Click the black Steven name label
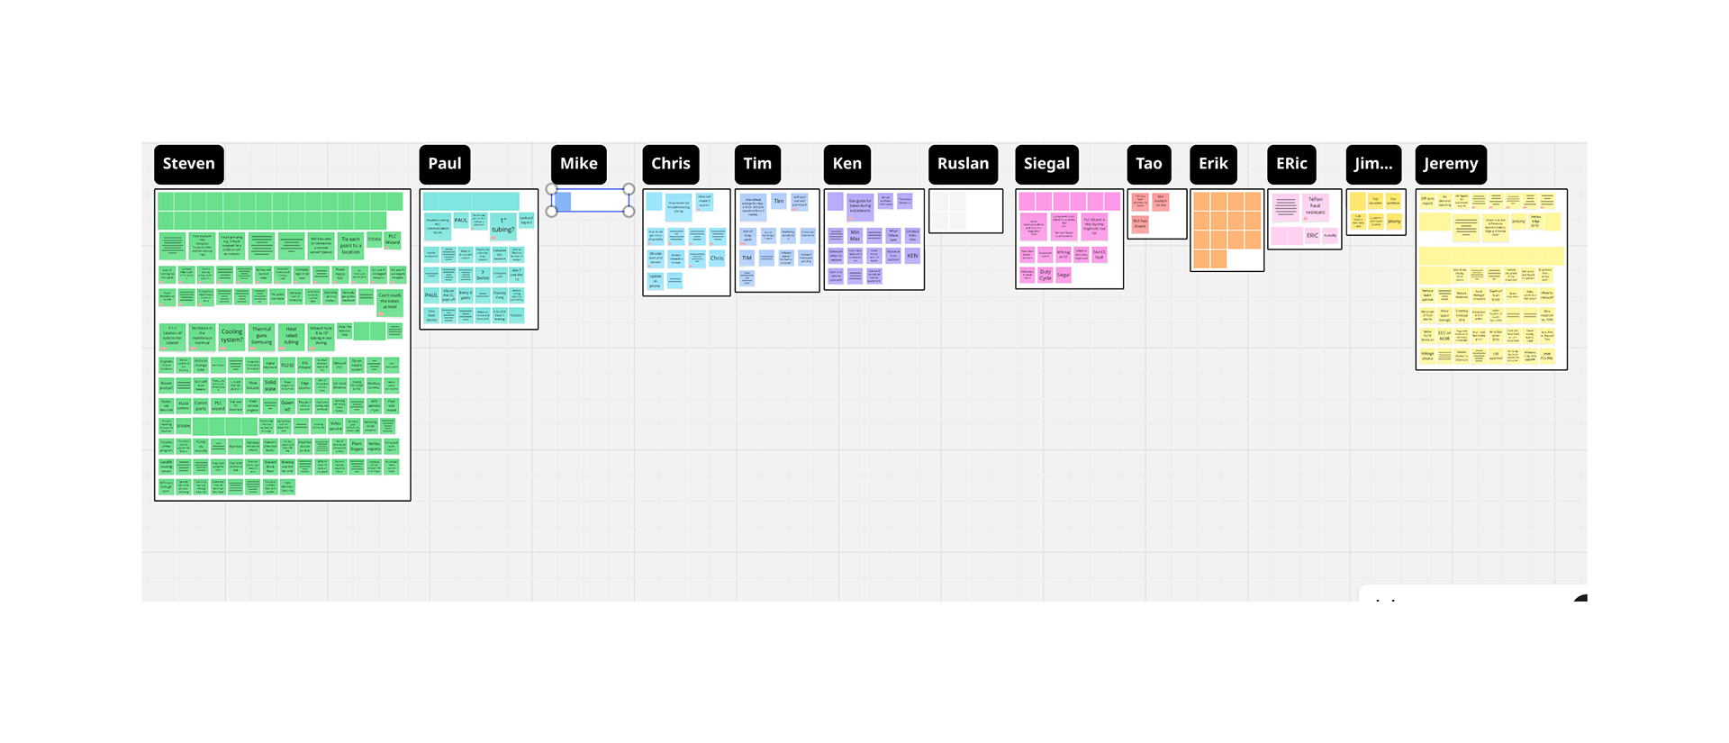189,164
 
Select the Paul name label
445,164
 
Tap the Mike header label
578,164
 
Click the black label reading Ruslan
963,164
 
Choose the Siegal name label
1046,164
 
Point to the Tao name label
1148,164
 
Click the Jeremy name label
1450,164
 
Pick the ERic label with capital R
1290,164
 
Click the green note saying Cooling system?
231,335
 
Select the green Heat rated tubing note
291,335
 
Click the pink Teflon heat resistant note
1315,206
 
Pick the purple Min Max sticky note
855,235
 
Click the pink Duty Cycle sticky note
1045,274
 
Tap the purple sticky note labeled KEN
912,256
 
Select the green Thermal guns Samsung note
261,335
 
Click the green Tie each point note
350,244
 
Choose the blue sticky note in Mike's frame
562,202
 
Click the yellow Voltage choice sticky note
1427,357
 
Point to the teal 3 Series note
483,275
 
